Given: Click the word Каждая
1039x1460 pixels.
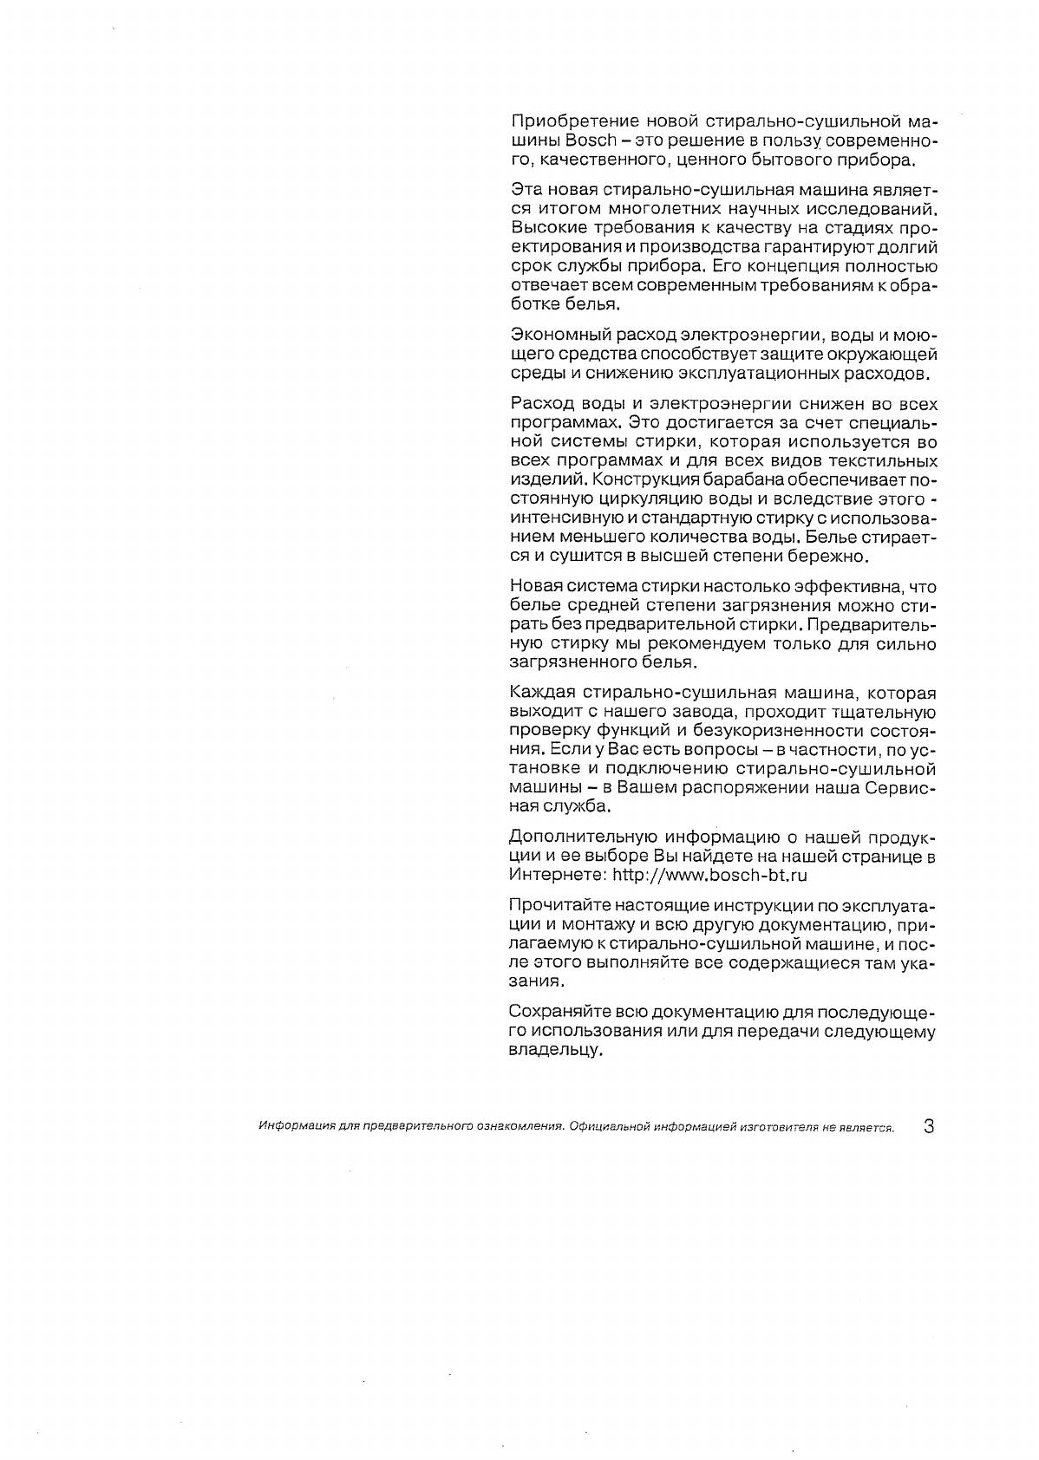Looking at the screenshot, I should click(x=536, y=694).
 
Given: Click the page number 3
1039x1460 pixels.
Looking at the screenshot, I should click(x=929, y=1127).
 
